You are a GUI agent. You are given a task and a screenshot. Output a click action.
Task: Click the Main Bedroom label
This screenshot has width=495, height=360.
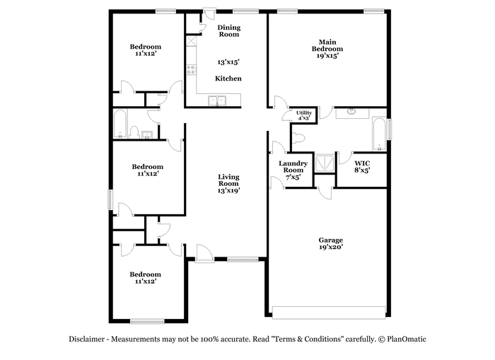point(327,49)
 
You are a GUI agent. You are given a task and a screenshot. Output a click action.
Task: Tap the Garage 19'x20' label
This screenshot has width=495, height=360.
point(330,243)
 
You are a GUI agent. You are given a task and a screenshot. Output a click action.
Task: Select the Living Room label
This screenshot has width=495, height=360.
point(228,183)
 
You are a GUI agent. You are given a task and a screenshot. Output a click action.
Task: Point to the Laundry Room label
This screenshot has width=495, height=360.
point(293,170)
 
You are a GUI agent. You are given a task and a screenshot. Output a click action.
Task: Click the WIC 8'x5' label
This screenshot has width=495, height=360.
point(362,167)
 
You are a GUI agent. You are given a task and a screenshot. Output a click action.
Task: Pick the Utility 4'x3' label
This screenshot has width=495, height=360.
point(303,115)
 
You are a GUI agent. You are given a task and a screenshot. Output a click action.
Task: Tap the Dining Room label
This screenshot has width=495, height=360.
point(229,30)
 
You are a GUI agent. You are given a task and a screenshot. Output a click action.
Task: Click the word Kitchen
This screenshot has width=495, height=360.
point(228,79)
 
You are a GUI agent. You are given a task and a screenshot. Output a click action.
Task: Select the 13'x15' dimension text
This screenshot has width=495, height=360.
point(228,62)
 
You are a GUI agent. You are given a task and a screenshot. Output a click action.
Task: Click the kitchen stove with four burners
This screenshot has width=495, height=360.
point(191,70)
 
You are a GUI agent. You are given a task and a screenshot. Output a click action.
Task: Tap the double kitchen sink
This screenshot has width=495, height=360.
point(217,100)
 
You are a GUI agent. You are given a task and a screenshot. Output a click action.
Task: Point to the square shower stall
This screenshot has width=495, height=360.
point(325,163)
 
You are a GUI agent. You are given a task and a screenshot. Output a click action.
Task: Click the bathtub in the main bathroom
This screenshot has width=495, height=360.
point(379,134)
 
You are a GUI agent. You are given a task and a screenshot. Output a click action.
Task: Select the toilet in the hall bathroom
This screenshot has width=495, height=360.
point(134,132)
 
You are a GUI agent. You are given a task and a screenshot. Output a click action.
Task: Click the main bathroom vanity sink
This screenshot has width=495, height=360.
point(351,112)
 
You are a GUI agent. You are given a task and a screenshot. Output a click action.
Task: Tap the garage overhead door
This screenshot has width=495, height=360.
point(329,313)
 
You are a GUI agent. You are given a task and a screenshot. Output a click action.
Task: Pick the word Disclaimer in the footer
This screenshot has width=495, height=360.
point(87,339)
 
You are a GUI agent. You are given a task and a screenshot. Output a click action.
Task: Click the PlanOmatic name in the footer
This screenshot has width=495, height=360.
point(407,339)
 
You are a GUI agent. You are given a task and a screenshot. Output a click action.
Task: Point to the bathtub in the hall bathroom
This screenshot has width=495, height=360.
point(120,124)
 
